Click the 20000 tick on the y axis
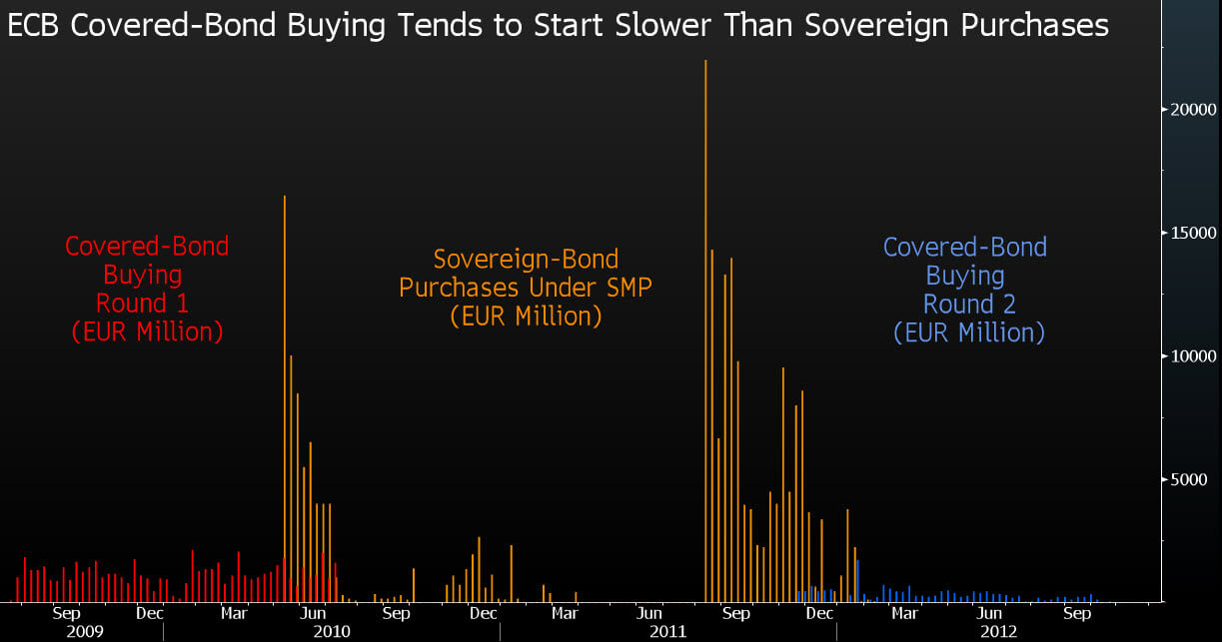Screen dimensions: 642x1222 (1193, 109)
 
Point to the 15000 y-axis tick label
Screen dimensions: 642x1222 (1193, 233)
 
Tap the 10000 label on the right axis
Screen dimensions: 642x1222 (1193, 356)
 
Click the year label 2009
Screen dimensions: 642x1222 (85, 632)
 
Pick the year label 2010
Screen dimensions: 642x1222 (332, 632)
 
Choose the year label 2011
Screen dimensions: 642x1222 (667, 632)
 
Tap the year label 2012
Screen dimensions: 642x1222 (998, 632)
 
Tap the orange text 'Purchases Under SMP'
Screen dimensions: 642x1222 (526, 288)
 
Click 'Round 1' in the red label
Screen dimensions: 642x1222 (142, 302)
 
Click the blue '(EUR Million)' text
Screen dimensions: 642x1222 (969, 331)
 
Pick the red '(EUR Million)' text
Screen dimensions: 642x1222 (147, 330)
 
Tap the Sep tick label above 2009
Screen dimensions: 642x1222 (66, 613)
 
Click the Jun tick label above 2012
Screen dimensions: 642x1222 (990, 613)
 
